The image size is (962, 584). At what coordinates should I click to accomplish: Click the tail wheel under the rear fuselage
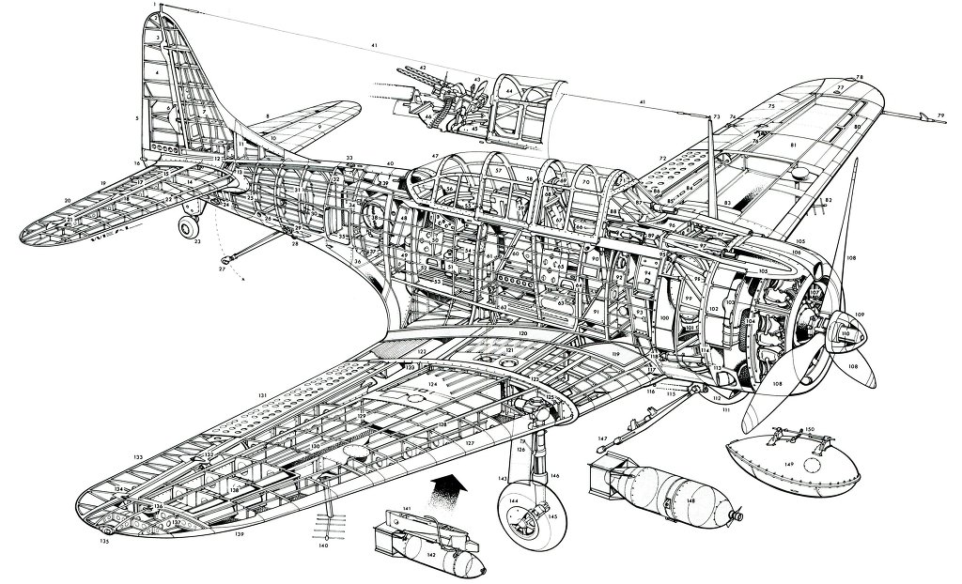pyautogui.click(x=190, y=228)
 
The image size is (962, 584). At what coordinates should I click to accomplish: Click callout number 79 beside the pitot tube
pyautogui.click(x=939, y=115)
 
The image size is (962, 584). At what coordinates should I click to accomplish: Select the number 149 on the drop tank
pyautogui.click(x=790, y=464)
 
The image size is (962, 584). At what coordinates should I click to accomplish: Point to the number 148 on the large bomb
pyautogui.click(x=690, y=499)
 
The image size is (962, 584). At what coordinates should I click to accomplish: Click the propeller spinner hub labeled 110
pyautogui.click(x=846, y=333)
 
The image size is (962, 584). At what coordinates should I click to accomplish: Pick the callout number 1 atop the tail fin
pyautogui.click(x=156, y=6)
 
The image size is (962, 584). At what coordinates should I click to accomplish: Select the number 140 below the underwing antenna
pyautogui.click(x=323, y=545)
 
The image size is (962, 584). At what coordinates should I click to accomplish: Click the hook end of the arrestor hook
pyautogui.click(x=226, y=259)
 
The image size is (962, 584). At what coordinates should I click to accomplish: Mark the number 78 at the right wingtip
pyautogui.click(x=859, y=77)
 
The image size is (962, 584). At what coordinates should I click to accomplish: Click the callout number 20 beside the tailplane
pyautogui.click(x=68, y=200)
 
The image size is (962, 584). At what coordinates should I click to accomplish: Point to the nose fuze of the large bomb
pyautogui.click(x=741, y=515)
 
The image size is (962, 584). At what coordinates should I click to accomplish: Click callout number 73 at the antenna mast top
pyautogui.click(x=716, y=116)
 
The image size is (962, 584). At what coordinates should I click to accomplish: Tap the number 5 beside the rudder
pyautogui.click(x=136, y=118)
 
